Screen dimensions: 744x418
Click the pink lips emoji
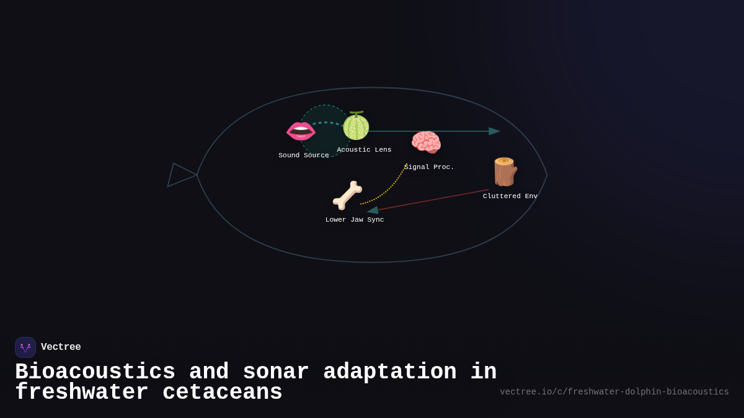(x=301, y=131)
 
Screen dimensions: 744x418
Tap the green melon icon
(x=356, y=126)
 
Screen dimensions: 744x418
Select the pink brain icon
(x=426, y=142)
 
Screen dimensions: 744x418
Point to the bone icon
(x=347, y=196)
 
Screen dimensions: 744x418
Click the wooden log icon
(x=505, y=172)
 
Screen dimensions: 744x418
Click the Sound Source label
(x=304, y=155)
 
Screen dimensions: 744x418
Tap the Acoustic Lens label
(x=364, y=150)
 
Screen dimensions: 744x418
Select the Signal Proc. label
(x=429, y=167)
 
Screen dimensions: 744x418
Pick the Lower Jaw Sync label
(x=355, y=220)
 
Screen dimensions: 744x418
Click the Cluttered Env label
(x=510, y=196)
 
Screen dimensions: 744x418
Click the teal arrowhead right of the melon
(x=494, y=131)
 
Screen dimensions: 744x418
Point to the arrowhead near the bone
(x=373, y=211)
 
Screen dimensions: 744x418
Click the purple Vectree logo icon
(x=25, y=347)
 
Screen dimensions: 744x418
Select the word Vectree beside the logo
(x=61, y=347)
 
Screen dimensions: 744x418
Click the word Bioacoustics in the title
(x=95, y=372)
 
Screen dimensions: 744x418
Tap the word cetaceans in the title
(x=222, y=392)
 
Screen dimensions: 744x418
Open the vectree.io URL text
(x=614, y=392)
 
